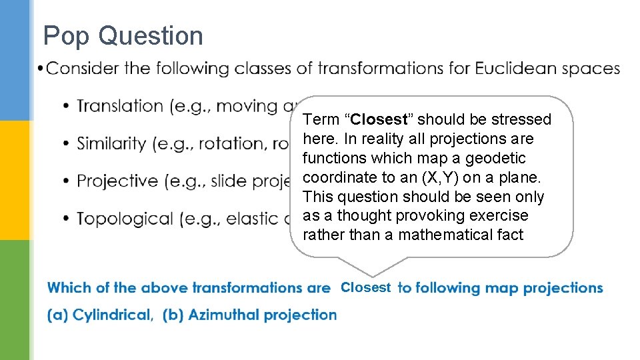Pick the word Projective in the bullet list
pos(117,181)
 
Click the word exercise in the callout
pos(497,216)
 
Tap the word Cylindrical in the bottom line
pos(112,315)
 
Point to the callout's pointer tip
pos(373,275)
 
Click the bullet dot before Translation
pos(67,107)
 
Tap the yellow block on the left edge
pos(15,180)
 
